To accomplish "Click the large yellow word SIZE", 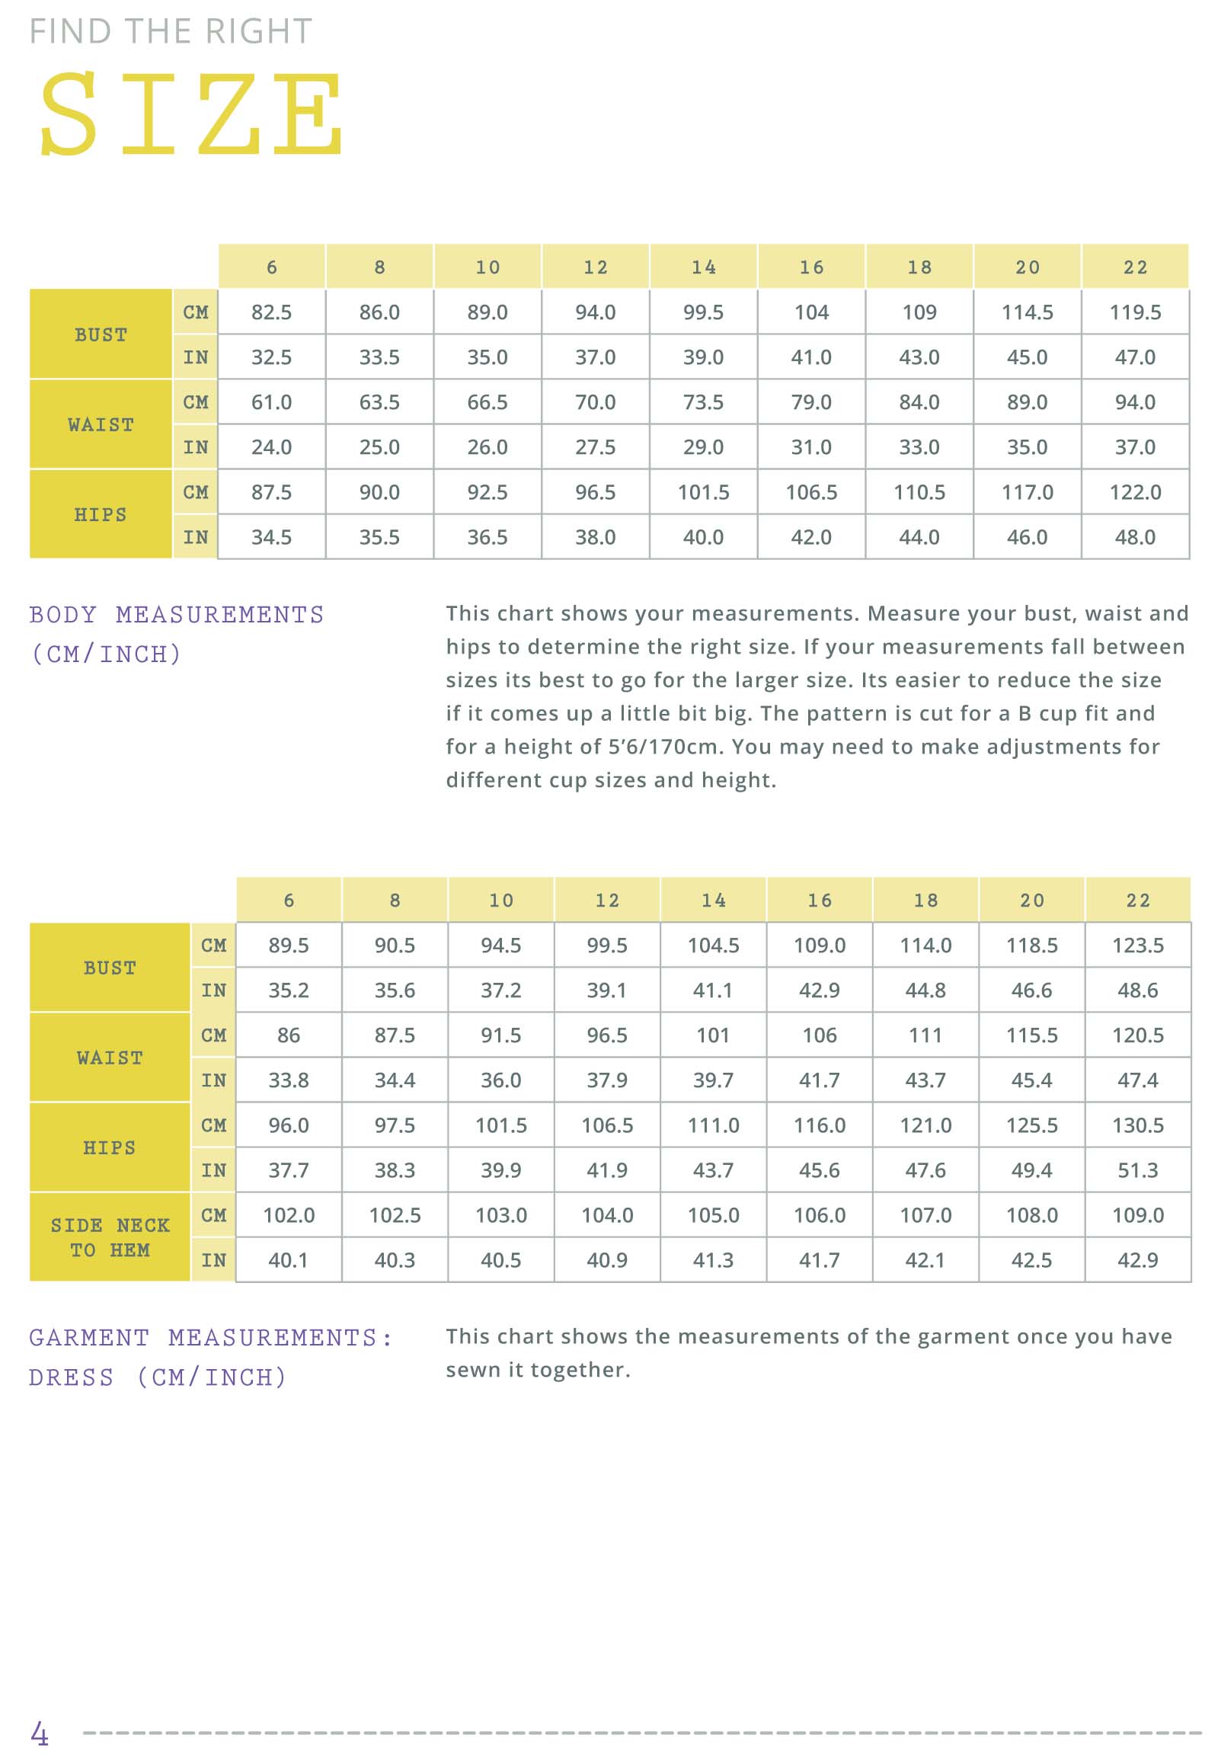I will [x=191, y=114].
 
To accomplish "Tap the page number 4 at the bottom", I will [x=39, y=1733].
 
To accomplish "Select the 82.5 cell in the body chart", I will [x=272, y=312].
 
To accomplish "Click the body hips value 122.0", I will [x=1136, y=492].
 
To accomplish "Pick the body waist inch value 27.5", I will [x=595, y=447].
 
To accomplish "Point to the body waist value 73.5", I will [x=703, y=402].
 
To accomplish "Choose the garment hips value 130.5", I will [x=1138, y=1125].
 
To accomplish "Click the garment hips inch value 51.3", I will [x=1138, y=1170].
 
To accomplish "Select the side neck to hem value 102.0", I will [x=289, y=1215].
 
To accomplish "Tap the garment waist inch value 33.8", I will [x=289, y=1080].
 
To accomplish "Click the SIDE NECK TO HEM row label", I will [x=110, y=1237].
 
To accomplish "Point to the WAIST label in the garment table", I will [x=110, y=1057].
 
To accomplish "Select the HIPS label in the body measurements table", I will [x=101, y=514].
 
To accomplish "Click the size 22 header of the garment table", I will [x=1138, y=900].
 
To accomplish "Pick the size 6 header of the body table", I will [x=272, y=267].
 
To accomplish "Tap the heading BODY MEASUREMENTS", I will [x=177, y=614].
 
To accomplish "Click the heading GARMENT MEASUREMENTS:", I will [x=211, y=1338].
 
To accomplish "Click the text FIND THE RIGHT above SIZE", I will [x=171, y=31].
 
